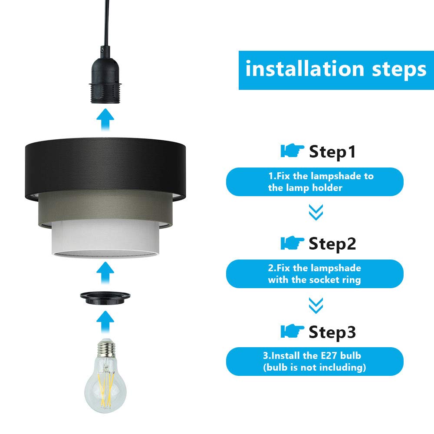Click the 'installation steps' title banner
click(x=336, y=70)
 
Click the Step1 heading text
click(x=332, y=152)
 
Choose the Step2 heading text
click(x=332, y=243)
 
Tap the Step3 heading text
click(x=332, y=332)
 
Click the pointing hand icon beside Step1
click(x=292, y=151)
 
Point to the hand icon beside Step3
click(x=292, y=332)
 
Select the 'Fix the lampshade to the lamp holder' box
click(x=315, y=182)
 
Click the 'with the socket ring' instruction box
click(x=315, y=274)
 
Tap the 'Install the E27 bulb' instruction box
click(x=315, y=362)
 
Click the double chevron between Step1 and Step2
click(x=316, y=212)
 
